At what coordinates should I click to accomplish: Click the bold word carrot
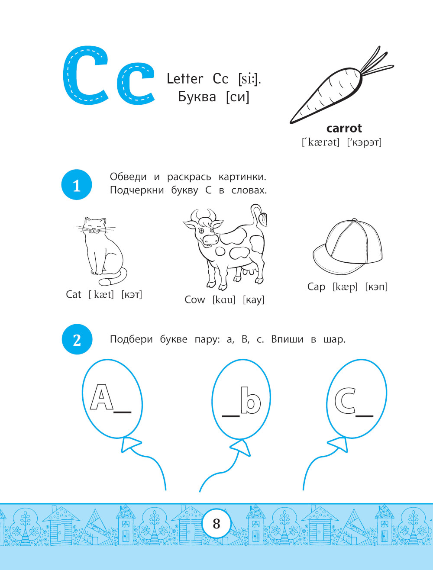click(344, 129)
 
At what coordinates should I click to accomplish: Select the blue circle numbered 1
click(77, 185)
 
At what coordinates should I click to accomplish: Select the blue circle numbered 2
click(77, 339)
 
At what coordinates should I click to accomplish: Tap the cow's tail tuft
click(263, 219)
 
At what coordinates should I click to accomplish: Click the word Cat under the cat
click(74, 294)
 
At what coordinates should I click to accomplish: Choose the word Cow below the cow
click(195, 299)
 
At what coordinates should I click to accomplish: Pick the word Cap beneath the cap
click(316, 287)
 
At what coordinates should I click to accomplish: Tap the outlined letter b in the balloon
click(251, 400)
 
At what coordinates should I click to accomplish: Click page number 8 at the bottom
click(216, 524)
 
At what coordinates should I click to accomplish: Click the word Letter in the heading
click(185, 79)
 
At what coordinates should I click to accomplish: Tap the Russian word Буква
click(197, 97)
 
